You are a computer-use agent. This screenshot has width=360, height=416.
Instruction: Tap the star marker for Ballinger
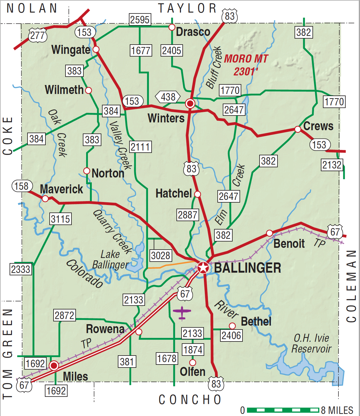[203, 267]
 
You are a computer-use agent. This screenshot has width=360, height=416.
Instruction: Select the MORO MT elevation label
[246, 65]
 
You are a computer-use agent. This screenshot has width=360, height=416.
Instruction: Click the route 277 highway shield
[38, 36]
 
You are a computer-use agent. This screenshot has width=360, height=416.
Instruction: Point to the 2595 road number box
[140, 20]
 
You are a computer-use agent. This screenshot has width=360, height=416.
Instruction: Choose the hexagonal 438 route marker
[168, 97]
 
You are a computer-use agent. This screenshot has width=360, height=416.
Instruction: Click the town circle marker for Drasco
[172, 27]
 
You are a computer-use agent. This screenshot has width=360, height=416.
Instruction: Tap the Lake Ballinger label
[110, 259]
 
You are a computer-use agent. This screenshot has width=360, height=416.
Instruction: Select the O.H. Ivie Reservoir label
[311, 343]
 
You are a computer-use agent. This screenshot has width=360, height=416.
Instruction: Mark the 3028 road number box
[161, 255]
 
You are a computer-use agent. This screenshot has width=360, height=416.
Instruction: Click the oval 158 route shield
[22, 186]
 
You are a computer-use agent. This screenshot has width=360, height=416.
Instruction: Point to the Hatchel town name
[174, 193]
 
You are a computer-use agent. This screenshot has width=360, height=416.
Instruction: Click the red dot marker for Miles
[54, 365]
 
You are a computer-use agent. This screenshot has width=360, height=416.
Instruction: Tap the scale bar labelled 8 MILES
[283, 410]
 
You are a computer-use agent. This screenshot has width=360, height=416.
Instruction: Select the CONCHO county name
[190, 400]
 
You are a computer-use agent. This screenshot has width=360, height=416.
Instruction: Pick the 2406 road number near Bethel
[231, 335]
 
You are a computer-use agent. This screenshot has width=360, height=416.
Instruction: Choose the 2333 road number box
[21, 269]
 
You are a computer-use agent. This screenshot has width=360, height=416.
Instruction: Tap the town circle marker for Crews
[298, 129]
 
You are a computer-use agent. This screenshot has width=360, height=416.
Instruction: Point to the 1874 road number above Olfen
[193, 350]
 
